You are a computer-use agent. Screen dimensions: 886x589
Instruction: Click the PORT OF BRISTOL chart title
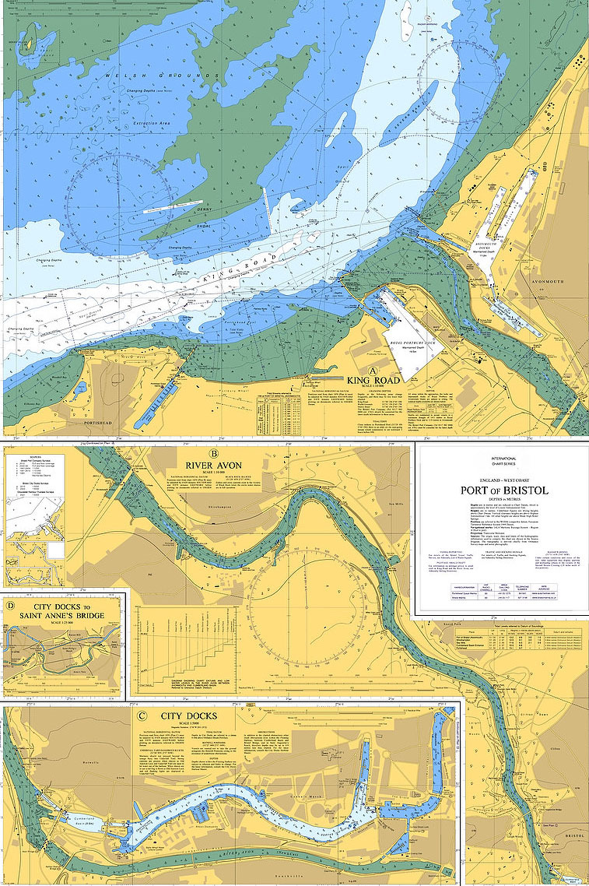tap(504, 490)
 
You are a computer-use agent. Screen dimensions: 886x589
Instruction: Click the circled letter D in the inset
tap(10, 604)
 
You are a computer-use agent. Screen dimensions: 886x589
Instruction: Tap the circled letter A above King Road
tap(373, 371)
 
